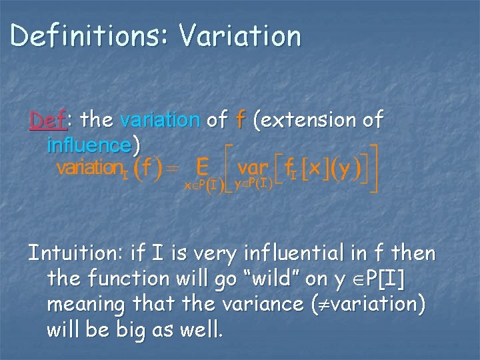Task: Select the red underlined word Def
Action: pyautogui.click(x=47, y=120)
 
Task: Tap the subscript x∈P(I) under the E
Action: pyautogui.click(x=205, y=187)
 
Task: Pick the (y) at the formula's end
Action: pyautogui.click(x=346, y=169)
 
